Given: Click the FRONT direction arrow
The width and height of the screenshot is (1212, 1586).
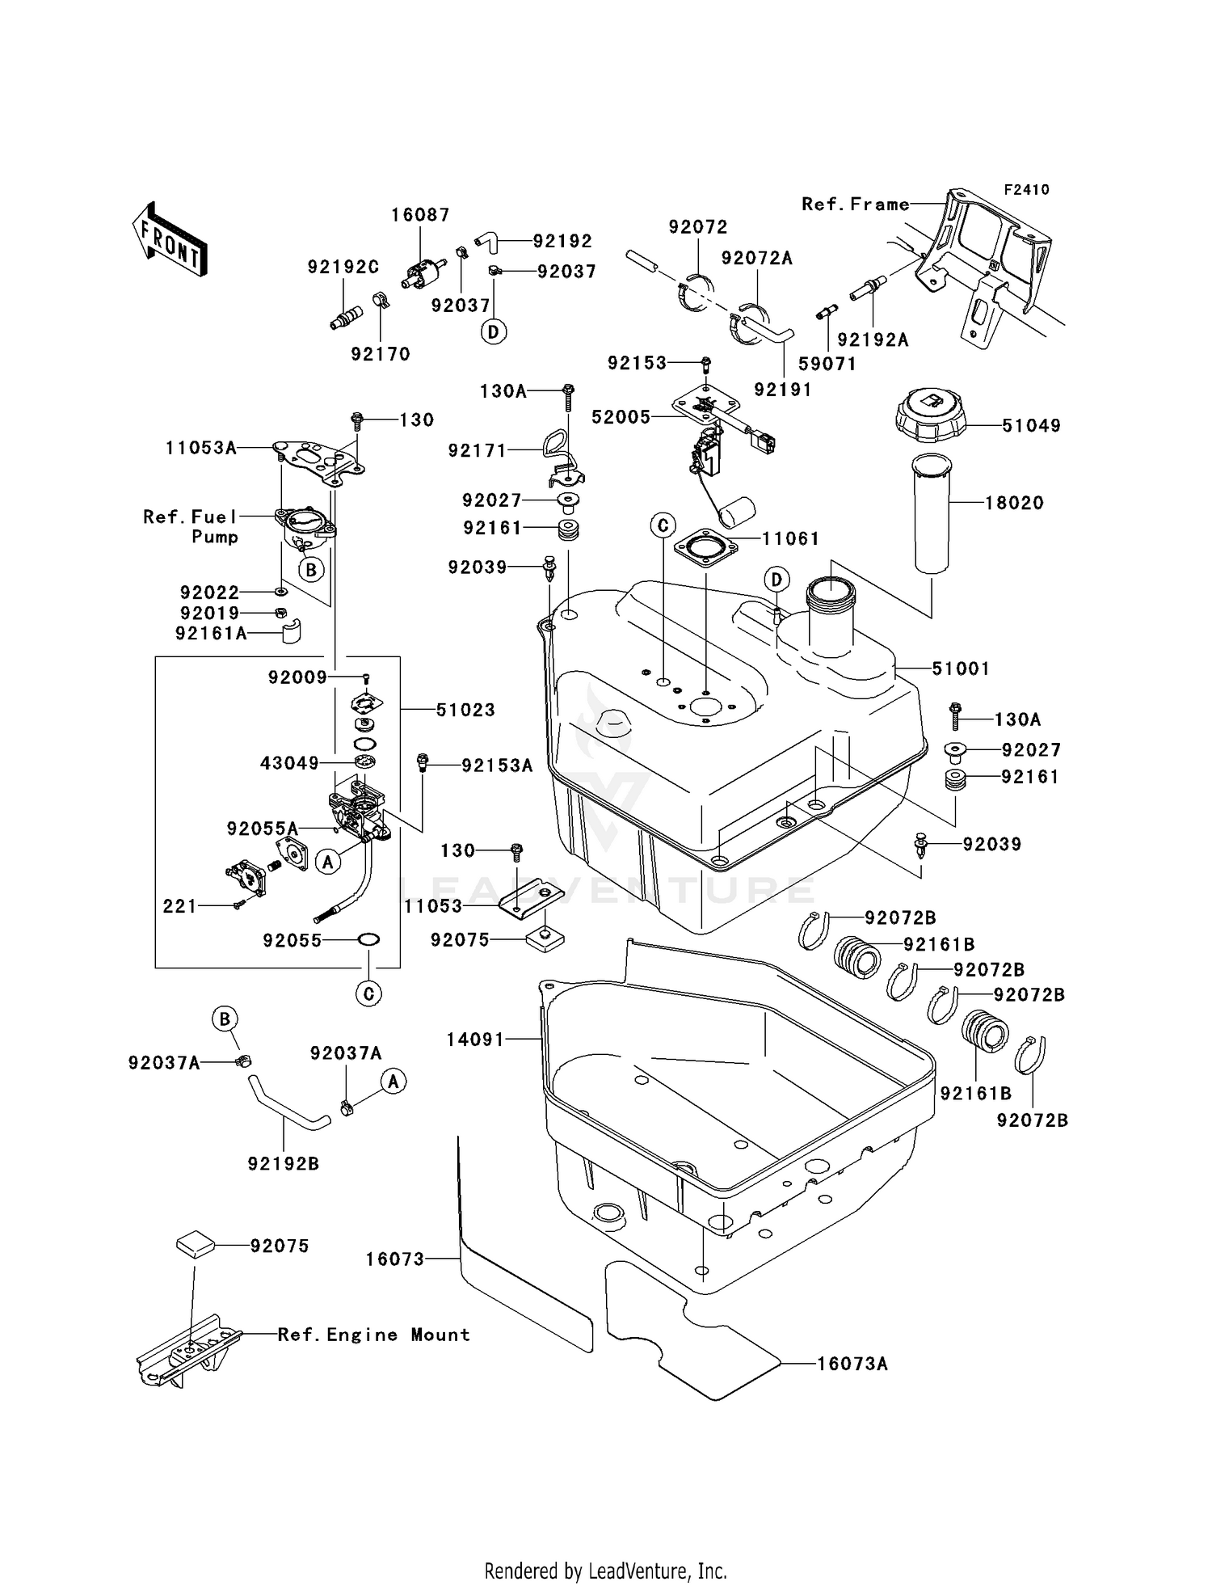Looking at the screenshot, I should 170,240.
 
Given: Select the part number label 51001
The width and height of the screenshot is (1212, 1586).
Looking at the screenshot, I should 961,669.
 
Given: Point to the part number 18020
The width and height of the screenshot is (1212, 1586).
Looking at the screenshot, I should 1014,503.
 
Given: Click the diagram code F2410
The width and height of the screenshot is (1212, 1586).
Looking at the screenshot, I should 1026,190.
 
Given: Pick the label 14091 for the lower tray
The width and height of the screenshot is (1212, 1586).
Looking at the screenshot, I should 475,1040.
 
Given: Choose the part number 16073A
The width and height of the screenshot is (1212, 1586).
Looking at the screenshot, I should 852,1364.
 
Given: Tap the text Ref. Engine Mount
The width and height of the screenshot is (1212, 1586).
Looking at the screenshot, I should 373,1335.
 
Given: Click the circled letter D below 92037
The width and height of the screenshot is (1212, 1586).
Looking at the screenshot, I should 494,331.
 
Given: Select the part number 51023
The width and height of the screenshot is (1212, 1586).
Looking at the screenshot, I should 465,710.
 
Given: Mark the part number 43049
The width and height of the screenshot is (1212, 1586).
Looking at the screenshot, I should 289,763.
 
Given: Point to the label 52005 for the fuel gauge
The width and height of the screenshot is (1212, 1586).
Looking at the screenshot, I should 621,417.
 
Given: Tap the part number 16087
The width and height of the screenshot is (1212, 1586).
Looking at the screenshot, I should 420,215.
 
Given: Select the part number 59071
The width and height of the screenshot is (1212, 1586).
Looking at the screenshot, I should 827,364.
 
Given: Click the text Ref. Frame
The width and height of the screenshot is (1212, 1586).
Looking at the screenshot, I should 855,205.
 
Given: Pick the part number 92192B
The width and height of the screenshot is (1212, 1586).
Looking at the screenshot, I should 283,1163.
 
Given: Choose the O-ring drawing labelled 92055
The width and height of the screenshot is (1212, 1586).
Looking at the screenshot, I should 368,940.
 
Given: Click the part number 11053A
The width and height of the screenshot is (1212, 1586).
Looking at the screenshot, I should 201,448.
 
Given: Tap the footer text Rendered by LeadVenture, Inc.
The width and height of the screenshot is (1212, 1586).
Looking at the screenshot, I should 605,1571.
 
